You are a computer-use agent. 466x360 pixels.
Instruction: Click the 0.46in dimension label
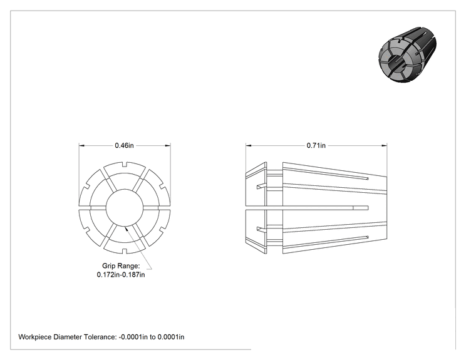pos(124,145)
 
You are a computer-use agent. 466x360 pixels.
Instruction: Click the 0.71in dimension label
pos(316,145)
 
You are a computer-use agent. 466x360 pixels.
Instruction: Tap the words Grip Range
pos(121,266)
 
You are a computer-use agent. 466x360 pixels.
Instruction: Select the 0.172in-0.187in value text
pos(121,275)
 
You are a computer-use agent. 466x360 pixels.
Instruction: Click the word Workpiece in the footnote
pos(35,337)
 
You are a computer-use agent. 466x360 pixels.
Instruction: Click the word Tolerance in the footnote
pos(100,337)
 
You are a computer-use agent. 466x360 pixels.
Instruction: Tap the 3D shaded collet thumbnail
pos(408,54)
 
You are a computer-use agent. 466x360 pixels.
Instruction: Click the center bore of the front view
pos(125,208)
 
